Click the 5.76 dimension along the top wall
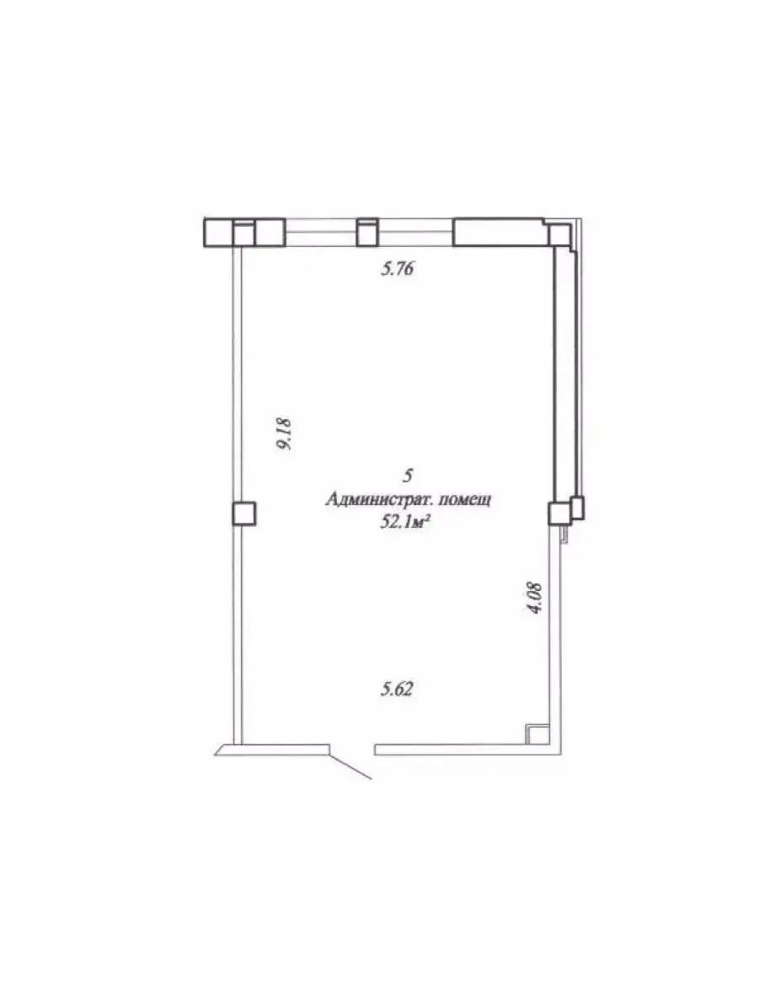397,269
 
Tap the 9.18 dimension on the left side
284,434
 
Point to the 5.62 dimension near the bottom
397,689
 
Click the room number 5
409,475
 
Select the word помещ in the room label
464,500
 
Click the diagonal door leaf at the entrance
350,766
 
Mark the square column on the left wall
244,513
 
